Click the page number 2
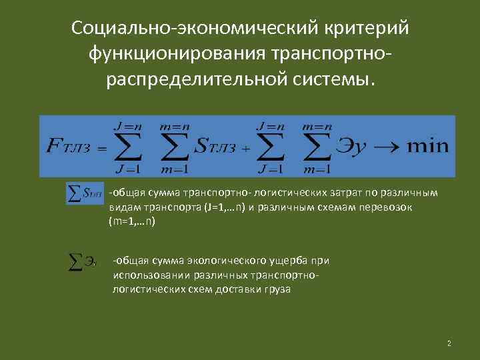pos(449,343)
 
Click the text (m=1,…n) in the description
pos(131,221)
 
